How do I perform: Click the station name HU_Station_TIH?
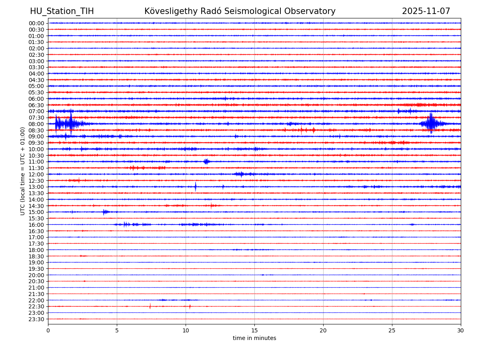tap(62, 11)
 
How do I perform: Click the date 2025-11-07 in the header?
tap(426, 11)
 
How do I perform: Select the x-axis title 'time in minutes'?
tap(254, 338)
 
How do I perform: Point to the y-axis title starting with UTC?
tap(23, 171)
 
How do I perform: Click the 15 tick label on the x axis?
tap(254, 330)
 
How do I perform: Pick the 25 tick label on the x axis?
tap(392, 330)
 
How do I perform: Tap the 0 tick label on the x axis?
tap(48, 330)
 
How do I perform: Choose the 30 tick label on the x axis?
tap(461, 330)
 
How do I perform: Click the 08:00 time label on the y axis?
tap(36, 124)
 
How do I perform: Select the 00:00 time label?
tap(36, 23)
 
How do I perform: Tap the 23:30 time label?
tap(36, 319)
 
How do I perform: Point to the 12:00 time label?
tap(36, 174)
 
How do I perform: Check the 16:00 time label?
tap(36, 225)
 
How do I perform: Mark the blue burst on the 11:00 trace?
tap(206, 162)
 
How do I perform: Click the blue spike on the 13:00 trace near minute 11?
tap(196, 187)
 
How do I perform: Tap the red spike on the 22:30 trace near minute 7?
tap(150, 306)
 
